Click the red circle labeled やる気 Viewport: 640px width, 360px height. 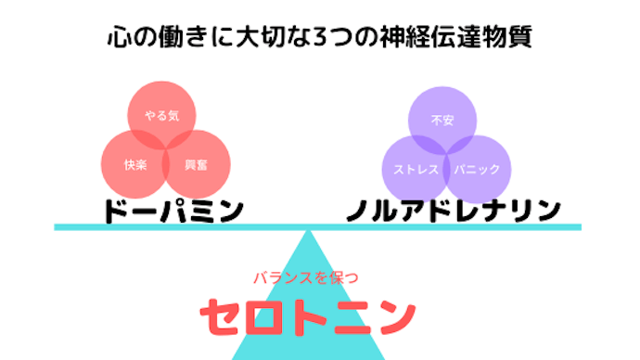click(160, 113)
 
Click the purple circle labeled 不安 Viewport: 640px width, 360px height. click(442, 117)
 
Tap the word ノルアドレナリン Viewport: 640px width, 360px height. click(454, 209)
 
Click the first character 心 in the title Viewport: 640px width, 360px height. click(116, 39)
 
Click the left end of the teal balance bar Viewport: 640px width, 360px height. click(58, 226)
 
